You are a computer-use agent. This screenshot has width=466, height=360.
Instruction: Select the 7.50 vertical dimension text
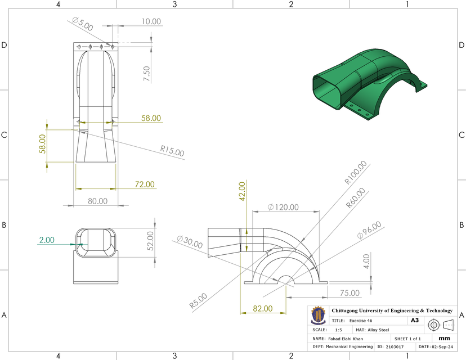tap(147, 74)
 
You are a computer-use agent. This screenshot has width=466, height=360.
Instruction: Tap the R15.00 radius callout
tap(172, 151)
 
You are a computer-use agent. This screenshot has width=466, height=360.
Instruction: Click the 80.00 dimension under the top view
tap(97, 201)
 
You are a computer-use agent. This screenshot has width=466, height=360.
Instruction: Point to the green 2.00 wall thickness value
tap(47, 240)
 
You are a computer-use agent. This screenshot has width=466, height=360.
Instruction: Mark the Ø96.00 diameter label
tap(369, 232)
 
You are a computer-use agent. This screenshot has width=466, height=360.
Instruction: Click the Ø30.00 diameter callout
tap(189, 243)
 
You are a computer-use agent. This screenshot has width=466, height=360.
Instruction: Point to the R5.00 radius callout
tap(198, 301)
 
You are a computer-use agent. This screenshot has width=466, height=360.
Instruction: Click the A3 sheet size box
tap(414, 320)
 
